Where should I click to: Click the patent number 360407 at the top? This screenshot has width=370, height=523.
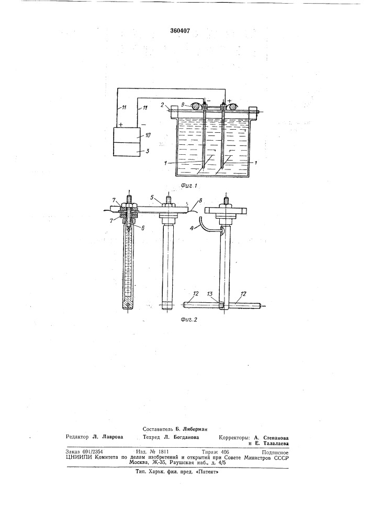pyautogui.click(x=180, y=31)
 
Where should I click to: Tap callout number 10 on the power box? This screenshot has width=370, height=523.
pyautogui.click(x=148, y=135)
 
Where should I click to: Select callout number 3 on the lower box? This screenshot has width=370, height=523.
pyautogui.click(x=148, y=151)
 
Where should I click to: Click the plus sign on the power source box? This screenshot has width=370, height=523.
pyautogui.click(x=120, y=124)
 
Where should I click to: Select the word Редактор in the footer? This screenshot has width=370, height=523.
pyautogui.click(x=77, y=437)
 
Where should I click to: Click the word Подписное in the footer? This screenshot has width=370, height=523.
pyautogui.click(x=275, y=452)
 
